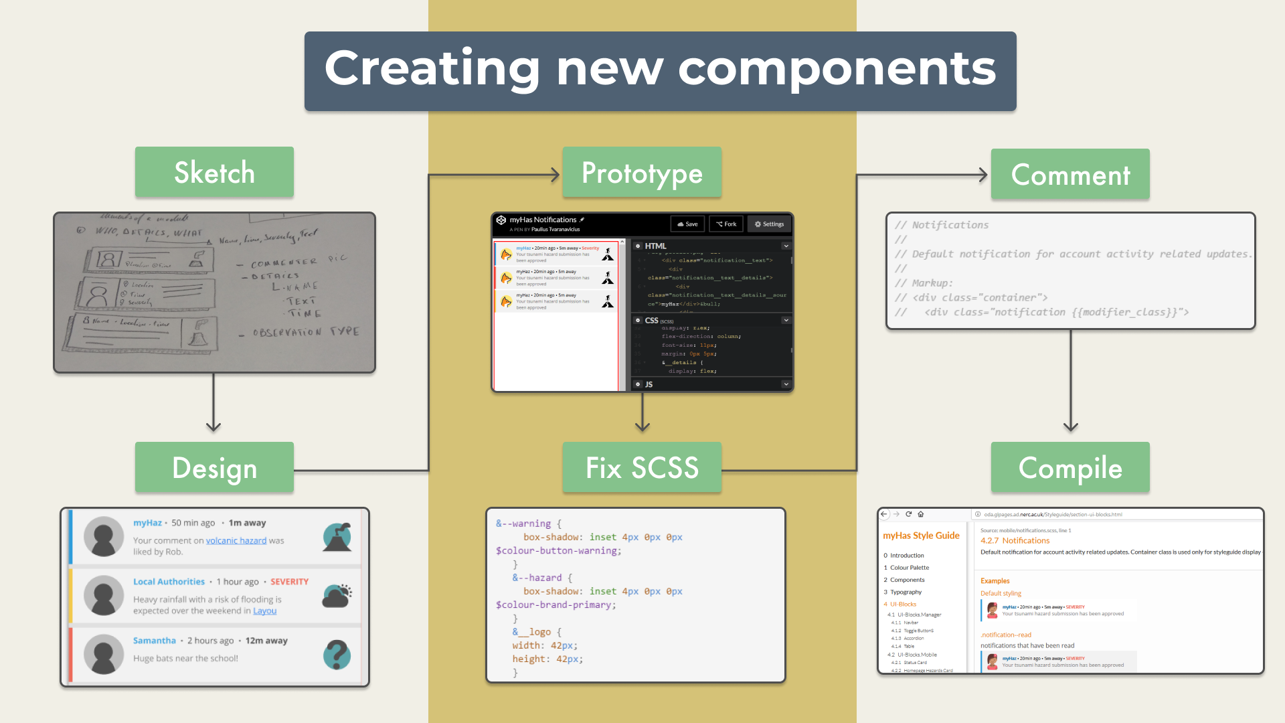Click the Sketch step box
click(214, 172)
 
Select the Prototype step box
click(642, 172)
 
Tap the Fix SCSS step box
click(642, 467)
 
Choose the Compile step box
click(1070, 467)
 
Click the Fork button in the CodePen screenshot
click(726, 224)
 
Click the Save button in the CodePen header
click(687, 224)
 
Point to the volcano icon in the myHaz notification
click(337, 537)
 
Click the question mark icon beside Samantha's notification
click(337, 655)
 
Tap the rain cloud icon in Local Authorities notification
click(337, 595)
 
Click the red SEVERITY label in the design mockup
click(289, 582)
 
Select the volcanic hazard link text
click(236, 540)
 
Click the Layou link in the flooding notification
click(264, 611)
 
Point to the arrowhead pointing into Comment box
click(983, 175)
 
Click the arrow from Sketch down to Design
click(213, 402)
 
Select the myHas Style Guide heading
click(921, 536)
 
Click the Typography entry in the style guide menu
click(906, 592)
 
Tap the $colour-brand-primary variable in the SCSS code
click(553, 605)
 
